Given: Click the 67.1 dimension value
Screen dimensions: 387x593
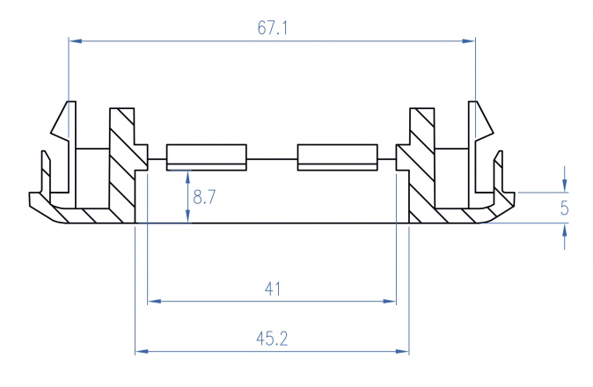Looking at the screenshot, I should click(x=273, y=29).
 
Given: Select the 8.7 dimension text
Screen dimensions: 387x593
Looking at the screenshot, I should click(x=204, y=198).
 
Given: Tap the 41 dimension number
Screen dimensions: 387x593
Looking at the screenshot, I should click(x=273, y=288).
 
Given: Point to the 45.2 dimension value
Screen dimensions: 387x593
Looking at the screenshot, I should click(x=272, y=339).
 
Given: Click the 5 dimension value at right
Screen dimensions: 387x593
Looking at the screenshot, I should click(x=565, y=208).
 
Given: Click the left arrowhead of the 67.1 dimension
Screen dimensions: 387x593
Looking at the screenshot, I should click(x=75, y=40).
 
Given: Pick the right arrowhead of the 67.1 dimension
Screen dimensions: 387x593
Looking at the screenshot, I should click(x=469, y=40).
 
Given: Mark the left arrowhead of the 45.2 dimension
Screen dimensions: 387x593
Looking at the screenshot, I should click(x=141, y=352).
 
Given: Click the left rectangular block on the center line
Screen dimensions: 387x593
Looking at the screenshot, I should click(x=207, y=157).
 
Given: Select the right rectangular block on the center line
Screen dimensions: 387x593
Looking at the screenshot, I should click(x=337, y=157).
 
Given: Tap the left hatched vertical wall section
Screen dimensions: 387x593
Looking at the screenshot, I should click(x=121, y=167).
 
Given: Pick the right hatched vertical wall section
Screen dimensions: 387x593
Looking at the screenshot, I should click(x=422, y=167).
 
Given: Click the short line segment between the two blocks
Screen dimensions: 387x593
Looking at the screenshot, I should click(x=273, y=157).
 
